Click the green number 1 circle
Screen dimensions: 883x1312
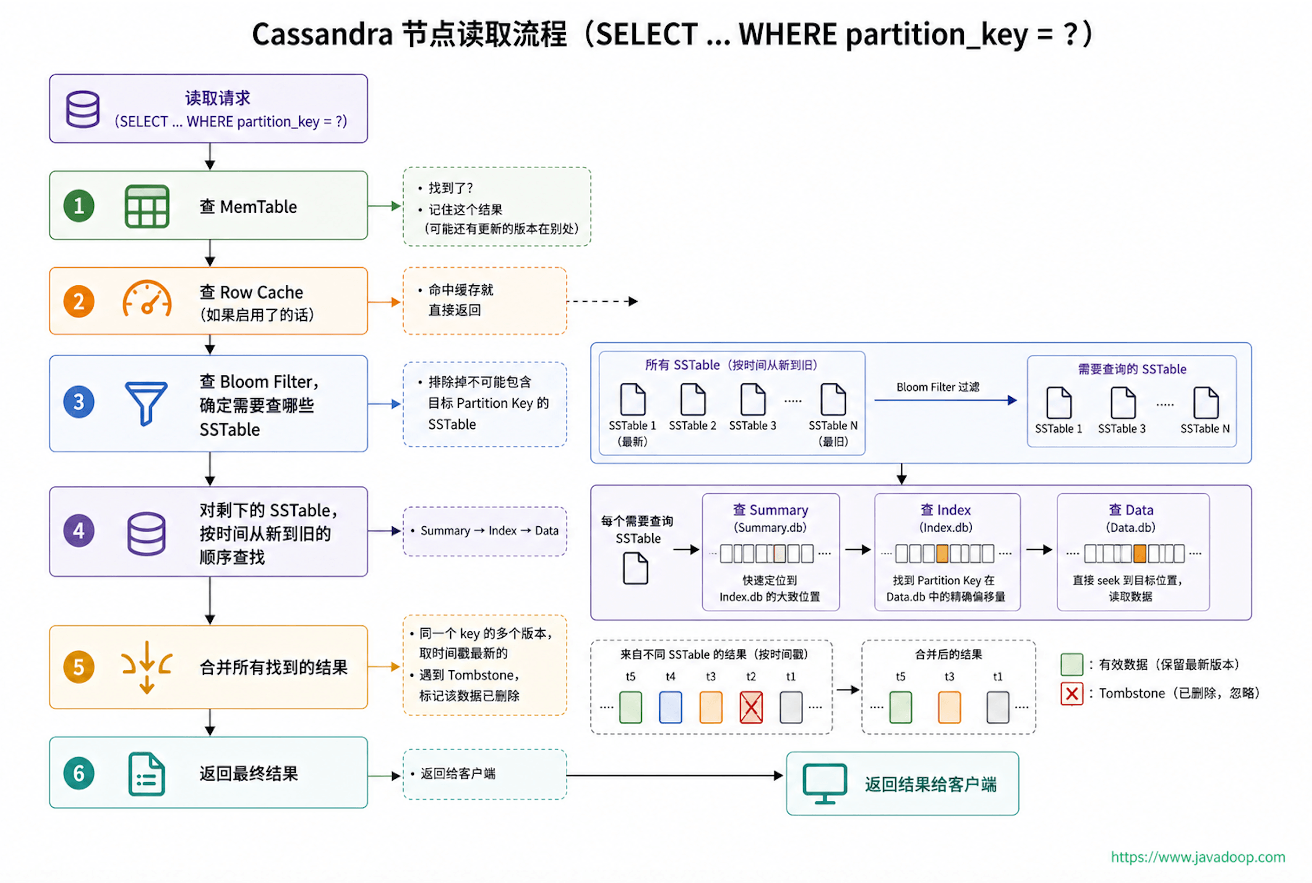[x=79, y=206]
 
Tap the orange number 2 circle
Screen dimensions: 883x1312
[x=79, y=301]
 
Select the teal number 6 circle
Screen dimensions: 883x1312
[x=79, y=773]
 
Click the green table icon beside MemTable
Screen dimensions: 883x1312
[x=147, y=206]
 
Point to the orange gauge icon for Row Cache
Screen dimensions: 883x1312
[x=147, y=299]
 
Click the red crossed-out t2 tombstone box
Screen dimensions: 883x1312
[x=750, y=707]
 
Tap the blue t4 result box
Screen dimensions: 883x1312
[x=670, y=707]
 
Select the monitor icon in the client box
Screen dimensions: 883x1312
[x=825, y=783]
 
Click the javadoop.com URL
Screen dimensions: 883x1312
[x=1198, y=856]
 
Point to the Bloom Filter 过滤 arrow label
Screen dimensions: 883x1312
[x=938, y=387]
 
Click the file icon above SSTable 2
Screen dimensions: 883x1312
[x=693, y=399]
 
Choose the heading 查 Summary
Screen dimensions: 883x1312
[x=770, y=510]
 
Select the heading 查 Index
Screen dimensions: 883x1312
[x=946, y=510]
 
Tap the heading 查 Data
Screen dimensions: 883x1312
[x=1131, y=510]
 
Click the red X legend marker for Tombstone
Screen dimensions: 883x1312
[x=1071, y=693]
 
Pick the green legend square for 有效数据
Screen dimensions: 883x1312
[x=1071, y=664]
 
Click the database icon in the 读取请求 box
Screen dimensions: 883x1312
[x=83, y=109]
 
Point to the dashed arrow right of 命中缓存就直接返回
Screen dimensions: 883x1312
[x=603, y=301]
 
